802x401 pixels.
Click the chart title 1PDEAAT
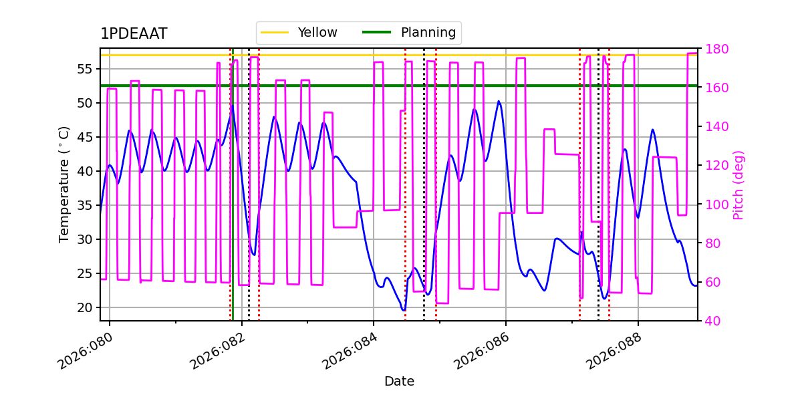click(134, 34)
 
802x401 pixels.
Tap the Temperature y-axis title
click(64, 184)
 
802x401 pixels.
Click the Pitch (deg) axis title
click(739, 184)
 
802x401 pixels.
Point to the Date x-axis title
click(399, 382)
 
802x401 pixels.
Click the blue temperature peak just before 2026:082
click(232, 106)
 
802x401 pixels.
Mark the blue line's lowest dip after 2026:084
click(404, 310)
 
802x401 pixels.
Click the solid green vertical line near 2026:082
click(233, 200)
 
